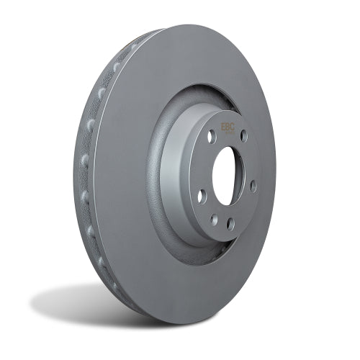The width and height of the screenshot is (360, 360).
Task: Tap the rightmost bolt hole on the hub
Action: click(x=253, y=186)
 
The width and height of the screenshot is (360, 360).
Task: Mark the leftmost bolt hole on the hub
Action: click(x=202, y=194)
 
